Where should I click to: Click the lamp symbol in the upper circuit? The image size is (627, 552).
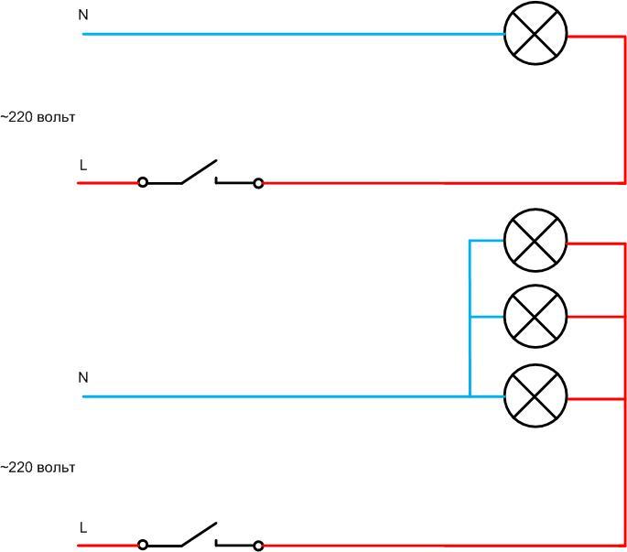coord(536,35)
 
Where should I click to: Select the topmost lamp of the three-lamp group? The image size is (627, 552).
coord(536,242)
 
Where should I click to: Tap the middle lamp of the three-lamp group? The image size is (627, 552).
coord(536,317)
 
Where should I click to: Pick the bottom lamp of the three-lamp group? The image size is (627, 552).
coord(536,396)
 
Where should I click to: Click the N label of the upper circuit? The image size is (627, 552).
coord(83,16)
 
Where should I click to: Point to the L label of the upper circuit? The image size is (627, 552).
coord(83,166)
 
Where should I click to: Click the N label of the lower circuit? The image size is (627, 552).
coord(83,377)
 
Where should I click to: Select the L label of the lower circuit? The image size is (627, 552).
coord(83,528)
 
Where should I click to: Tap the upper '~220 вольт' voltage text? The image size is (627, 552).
coord(38,117)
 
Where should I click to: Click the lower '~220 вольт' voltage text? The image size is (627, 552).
coord(38,467)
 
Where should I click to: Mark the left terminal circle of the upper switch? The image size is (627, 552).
coord(143,183)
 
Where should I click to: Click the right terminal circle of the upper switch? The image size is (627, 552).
coord(258,183)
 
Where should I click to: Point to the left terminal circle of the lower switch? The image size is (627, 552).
coord(143,546)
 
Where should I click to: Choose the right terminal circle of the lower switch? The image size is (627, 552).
coord(258,546)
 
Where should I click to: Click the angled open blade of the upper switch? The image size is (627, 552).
coord(200,171)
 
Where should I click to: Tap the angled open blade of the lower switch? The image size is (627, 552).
coord(200,534)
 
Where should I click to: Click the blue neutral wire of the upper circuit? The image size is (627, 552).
coord(293,35)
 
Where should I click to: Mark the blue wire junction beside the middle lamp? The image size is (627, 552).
coord(470,317)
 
